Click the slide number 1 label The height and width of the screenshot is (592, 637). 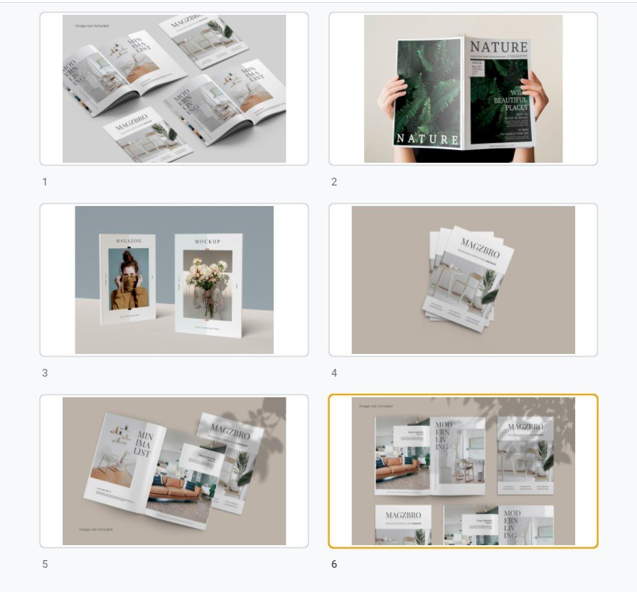tap(45, 182)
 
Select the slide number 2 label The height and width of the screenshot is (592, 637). tap(334, 182)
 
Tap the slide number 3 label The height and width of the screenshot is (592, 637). tap(45, 373)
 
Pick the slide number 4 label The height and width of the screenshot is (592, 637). tap(334, 373)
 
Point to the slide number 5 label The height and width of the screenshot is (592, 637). tap(45, 564)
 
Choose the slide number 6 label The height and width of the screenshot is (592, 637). tap(334, 564)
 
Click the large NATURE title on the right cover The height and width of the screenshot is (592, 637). tap(498, 48)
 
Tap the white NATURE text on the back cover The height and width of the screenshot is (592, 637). tap(427, 139)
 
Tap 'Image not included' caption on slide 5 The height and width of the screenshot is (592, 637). tap(95, 529)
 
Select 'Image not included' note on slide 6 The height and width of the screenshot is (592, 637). tap(375, 406)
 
